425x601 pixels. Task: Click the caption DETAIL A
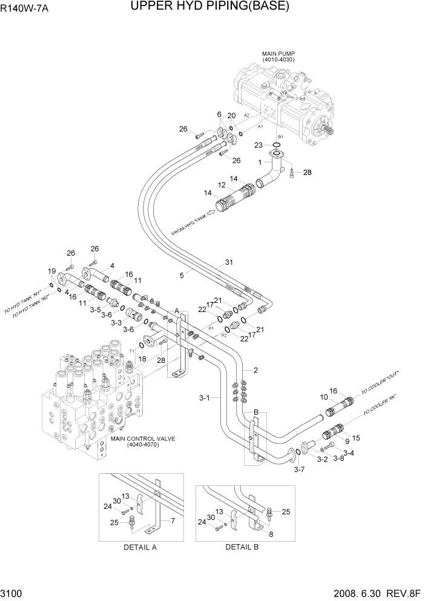pos(140,546)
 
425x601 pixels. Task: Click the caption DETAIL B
pos(242,546)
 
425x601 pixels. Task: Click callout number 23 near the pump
pos(258,145)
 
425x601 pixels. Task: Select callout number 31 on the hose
pos(229,262)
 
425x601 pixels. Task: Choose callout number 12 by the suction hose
pos(205,185)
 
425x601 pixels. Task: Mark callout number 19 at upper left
pos(52,271)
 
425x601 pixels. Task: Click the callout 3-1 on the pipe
pos(205,398)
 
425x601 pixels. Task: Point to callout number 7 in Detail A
pos(173,521)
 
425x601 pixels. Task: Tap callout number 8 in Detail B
pos(271,534)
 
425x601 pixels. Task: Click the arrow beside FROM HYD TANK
pos(212,212)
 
